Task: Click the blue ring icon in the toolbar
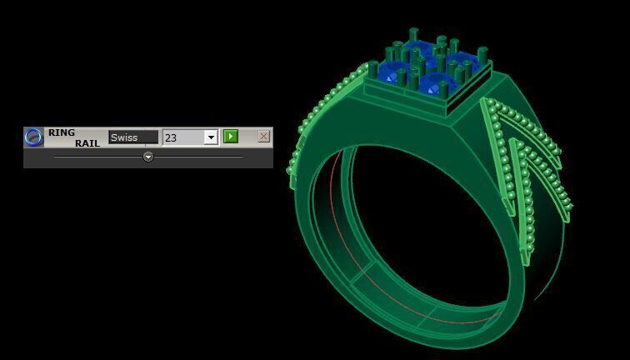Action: [x=33, y=137]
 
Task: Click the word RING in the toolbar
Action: [x=62, y=132]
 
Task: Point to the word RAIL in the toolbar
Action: [x=87, y=143]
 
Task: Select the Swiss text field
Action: [x=132, y=137]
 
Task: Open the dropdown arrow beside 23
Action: [x=211, y=137]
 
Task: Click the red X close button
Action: [x=264, y=137]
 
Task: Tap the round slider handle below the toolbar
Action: [x=148, y=157]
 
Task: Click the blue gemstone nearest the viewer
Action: [x=435, y=84]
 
